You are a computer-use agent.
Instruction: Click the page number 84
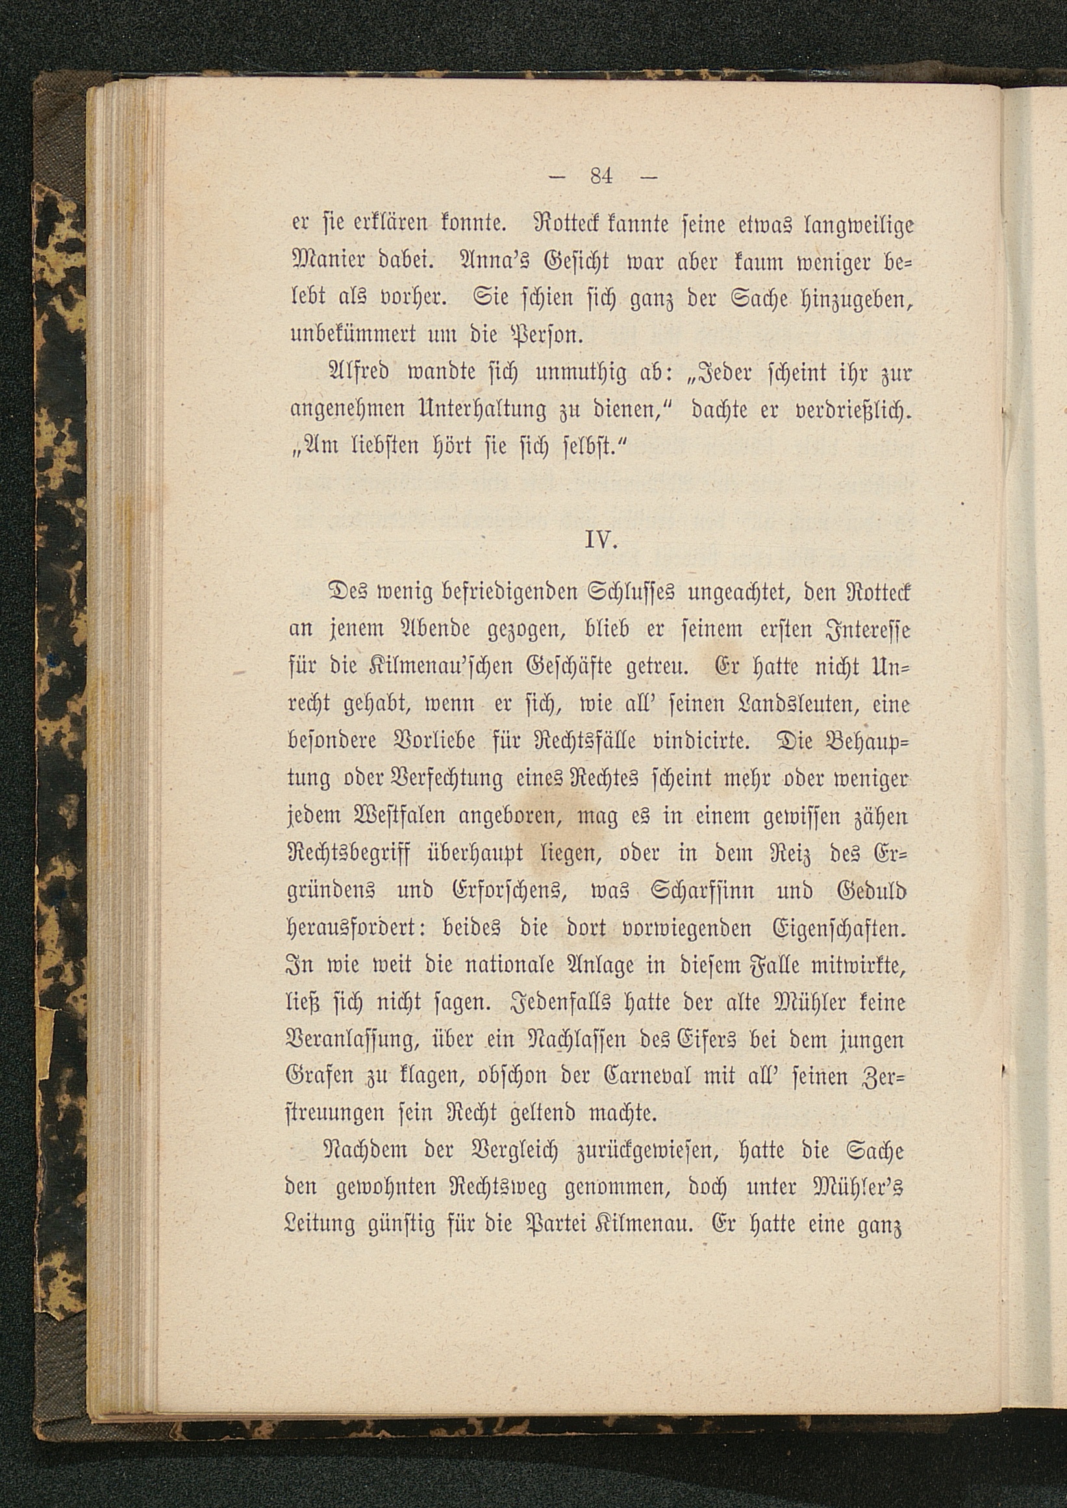coord(601,177)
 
